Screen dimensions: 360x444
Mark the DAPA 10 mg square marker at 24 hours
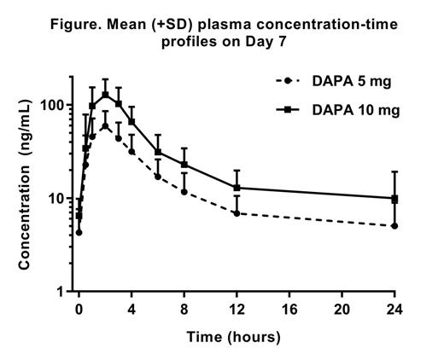(x=394, y=199)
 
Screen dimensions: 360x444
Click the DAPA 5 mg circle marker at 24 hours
(x=394, y=226)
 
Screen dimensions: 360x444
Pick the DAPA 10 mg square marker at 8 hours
(x=184, y=165)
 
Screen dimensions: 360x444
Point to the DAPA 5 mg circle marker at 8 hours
(x=184, y=191)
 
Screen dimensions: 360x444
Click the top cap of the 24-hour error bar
(x=394, y=171)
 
